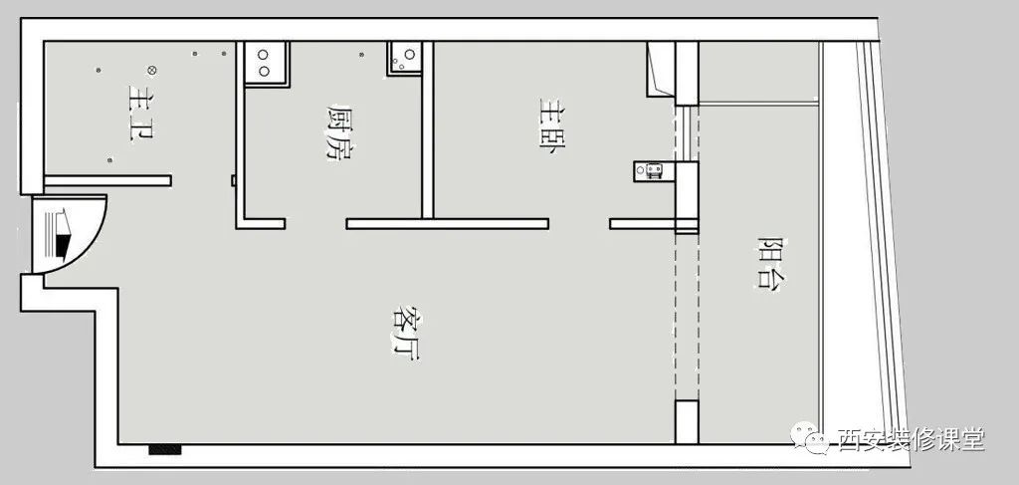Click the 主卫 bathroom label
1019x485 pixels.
[141, 113]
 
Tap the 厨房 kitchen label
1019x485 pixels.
[339, 132]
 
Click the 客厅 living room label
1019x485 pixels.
[406, 333]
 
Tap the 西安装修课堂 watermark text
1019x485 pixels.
[912, 439]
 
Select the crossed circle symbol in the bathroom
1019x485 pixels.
[151, 70]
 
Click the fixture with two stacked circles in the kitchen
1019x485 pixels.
[267, 64]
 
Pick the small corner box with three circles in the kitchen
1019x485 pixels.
[405, 58]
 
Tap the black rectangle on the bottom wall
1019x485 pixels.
[164, 449]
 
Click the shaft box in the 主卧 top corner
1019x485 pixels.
[661, 70]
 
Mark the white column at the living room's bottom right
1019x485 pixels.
[687, 422]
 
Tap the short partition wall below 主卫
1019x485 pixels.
[107, 180]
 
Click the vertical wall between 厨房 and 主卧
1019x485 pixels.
[428, 130]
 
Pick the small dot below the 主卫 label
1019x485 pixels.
[109, 160]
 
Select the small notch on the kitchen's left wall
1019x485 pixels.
[233, 180]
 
